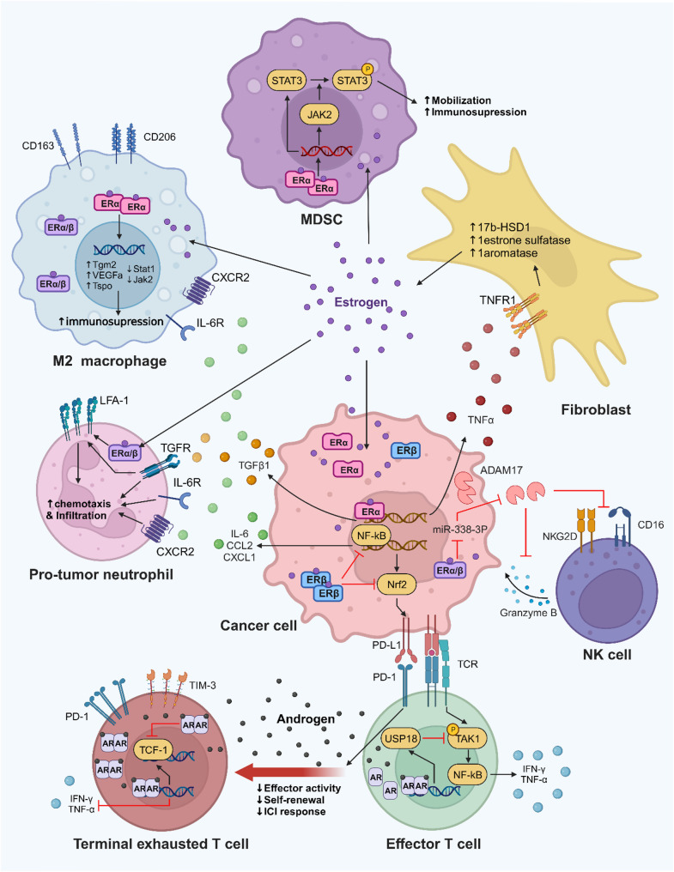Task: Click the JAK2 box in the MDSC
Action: pyautogui.click(x=319, y=115)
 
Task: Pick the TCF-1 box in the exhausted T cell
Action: pyautogui.click(x=153, y=750)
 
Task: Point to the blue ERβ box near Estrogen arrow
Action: pyautogui.click(x=406, y=451)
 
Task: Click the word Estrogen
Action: pyautogui.click(x=361, y=302)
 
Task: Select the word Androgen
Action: pyautogui.click(x=306, y=719)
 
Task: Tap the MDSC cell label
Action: pyautogui.click(x=321, y=219)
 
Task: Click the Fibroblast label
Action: pyautogui.click(x=596, y=410)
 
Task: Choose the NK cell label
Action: pyautogui.click(x=607, y=655)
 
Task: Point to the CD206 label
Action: pyautogui.click(x=159, y=136)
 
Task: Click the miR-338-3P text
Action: pyautogui.click(x=459, y=530)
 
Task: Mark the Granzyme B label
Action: pyautogui.click(x=528, y=613)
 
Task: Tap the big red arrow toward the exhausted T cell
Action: pyautogui.click(x=290, y=772)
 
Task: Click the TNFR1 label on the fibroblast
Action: pyautogui.click(x=498, y=300)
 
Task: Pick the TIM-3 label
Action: pyautogui.click(x=203, y=686)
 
